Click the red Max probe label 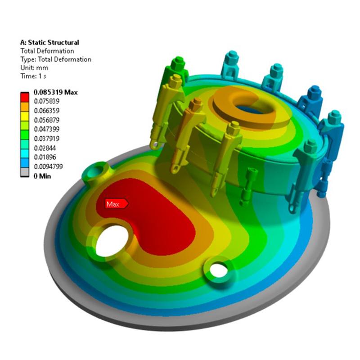(x=117, y=204)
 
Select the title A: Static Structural (x=49, y=42)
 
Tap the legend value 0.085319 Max (x=55, y=92)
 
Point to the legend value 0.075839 (x=47, y=101)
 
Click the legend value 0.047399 (x=47, y=129)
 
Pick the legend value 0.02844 (x=45, y=148)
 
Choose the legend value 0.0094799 (x=48, y=166)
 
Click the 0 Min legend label (x=42, y=176)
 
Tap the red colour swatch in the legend (x=25, y=97)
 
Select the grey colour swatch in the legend (x=25, y=172)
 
